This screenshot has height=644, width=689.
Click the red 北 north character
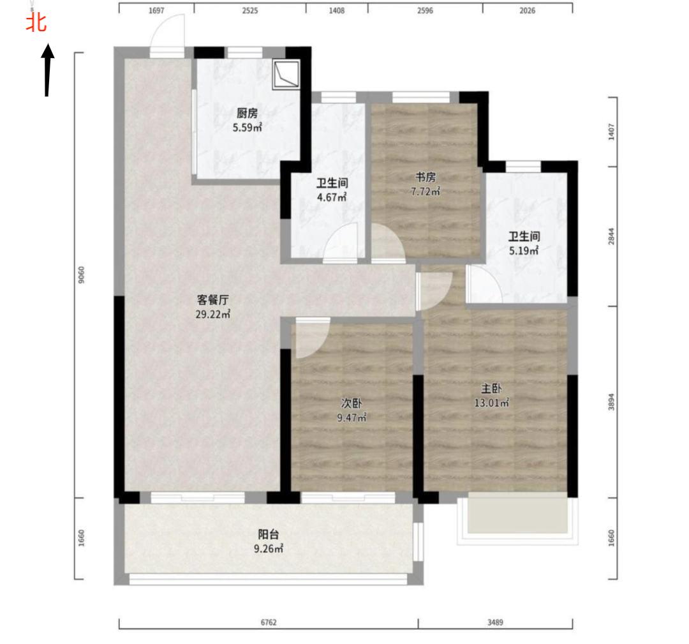tap(36, 22)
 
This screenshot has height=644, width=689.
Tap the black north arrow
tap(47, 70)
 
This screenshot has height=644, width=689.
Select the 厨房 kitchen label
tap(247, 114)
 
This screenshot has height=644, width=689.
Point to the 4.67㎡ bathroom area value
tap(332, 197)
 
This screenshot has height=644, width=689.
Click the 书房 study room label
tap(426, 177)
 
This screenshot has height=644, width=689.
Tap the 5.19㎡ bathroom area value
tap(524, 251)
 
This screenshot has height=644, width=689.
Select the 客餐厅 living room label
tap(212, 300)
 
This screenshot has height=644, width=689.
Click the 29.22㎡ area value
tap(213, 314)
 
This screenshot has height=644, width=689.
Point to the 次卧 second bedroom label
tap(352, 403)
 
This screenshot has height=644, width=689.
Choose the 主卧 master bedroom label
tap(491, 389)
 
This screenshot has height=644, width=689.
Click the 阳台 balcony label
tap(268, 535)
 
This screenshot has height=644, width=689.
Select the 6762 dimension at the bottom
tap(269, 622)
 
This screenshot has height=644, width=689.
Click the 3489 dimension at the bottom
tap(495, 622)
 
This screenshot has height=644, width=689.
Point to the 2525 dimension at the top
tap(250, 11)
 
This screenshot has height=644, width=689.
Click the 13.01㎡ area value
tap(492, 403)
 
